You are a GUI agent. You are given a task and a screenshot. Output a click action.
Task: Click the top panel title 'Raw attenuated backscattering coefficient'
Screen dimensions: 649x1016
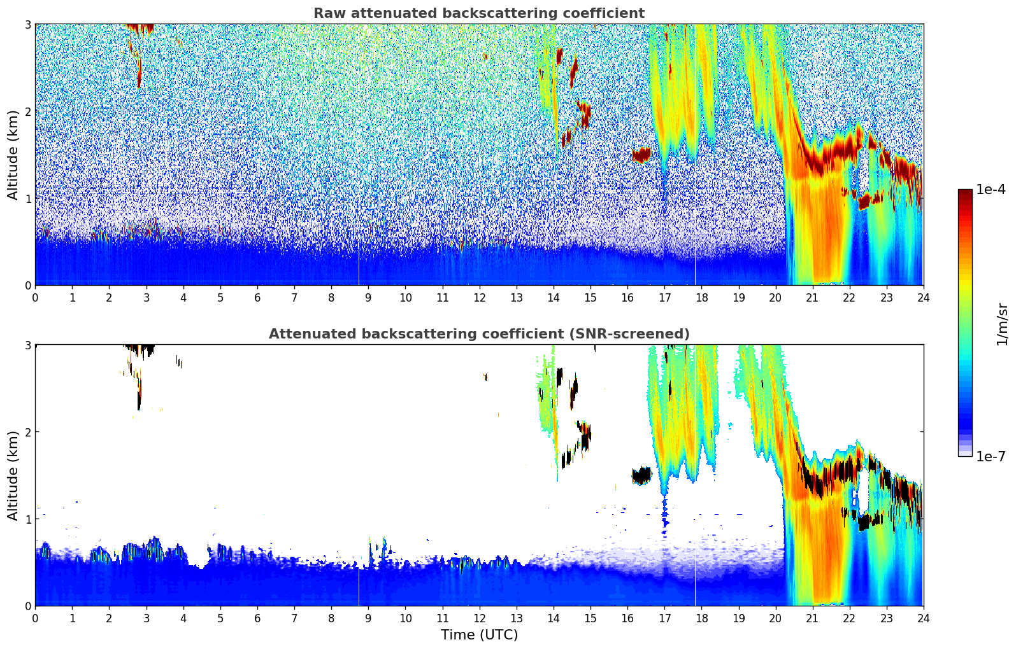pyautogui.click(x=478, y=13)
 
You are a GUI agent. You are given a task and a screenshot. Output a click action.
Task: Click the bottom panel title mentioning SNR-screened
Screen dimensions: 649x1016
pyautogui.click(x=478, y=334)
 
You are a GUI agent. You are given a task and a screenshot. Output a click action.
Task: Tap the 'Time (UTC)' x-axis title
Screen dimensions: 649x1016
pyautogui.click(x=479, y=635)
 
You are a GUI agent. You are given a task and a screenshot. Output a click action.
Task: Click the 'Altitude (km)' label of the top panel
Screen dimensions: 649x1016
pyautogui.click(x=13, y=155)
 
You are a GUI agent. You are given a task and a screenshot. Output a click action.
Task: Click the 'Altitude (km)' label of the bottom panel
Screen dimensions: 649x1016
pyautogui.click(x=13, y=475)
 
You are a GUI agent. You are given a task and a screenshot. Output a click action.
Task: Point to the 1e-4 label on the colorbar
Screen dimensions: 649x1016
pyautogui.click(x=991, y=190)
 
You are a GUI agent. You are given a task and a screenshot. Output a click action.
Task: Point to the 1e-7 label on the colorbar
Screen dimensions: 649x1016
pyautogui.click(x=991, y=456)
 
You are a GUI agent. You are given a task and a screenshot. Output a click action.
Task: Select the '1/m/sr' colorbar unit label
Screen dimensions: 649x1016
pyautogui.click(x=1002, y=324)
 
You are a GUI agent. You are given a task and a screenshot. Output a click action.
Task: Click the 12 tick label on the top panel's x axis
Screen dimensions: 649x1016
pyautogui.click(x=479, y=297)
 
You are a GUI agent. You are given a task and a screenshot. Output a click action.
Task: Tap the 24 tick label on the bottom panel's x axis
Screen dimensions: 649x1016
pyautogui.click(x=923, y=618)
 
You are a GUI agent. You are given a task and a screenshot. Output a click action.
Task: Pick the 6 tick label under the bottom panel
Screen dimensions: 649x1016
pyautogui.click(x=257, y=618)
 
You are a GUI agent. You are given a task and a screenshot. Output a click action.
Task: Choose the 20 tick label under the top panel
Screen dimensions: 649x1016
pyautogui.click(x=775, y=297)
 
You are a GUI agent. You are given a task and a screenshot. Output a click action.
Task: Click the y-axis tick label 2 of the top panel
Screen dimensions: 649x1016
pyautogui.click(x=27, y=111)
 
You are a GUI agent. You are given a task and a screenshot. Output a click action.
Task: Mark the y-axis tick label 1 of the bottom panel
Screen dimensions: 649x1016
pyautogui.click(x=27, y=519)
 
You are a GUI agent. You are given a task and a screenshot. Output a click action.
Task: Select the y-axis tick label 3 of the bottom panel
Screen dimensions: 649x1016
pyautogui.click(x=27, y=345)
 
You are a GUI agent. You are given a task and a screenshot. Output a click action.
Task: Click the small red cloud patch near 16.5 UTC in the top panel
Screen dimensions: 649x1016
pyautogui.click(x=641, y=155)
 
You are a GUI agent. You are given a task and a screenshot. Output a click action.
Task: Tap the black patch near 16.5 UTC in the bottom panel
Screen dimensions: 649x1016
pyautogui.click(x=641, y=475)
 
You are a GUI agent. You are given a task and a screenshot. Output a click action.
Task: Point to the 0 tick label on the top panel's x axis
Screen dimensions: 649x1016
pyautogui.click(x=35, y=297)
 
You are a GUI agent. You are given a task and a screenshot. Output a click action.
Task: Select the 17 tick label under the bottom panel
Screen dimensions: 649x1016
pyautogui.click(x=664, y=618)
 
